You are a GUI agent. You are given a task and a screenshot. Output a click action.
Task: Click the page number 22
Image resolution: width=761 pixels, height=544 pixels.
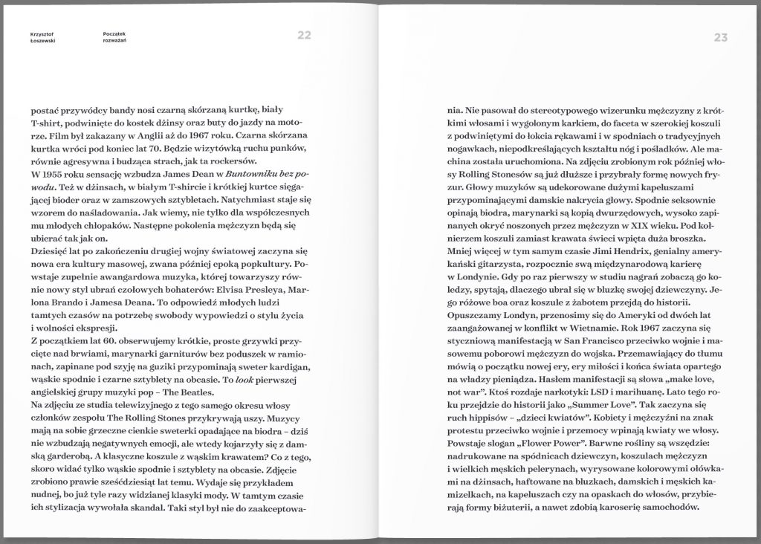(304, 36)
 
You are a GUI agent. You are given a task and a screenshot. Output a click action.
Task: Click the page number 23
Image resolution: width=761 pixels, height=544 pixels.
(720, 37)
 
